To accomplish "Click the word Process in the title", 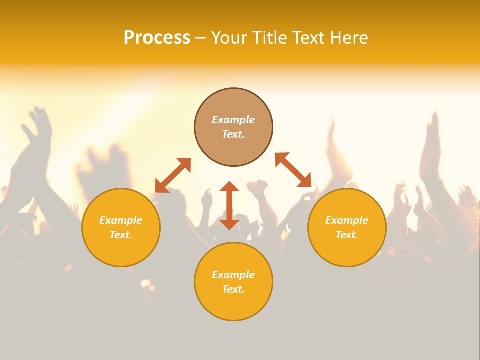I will pyautogui.click(x=157, y=38).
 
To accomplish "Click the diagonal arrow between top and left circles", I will pyautogui.click(x=173, y=175).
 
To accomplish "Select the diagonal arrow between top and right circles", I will pyautogui.click(x=293, y=170).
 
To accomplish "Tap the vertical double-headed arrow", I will pyautogui.click(x=229, y=205).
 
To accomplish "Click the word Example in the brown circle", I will pyautogui.click(x=233, y=120).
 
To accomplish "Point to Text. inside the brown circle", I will pyautogui.click(x=233, y=134).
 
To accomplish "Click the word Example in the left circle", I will pyautogui.click(x=121, y=220).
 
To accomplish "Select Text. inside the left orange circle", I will pyautogui.click(x=121, y=235).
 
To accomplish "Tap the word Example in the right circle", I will pyautogui.click(x=347, y=220).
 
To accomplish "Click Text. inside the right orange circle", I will pyautogui.click(x=347, y=235).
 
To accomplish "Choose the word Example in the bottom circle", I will pyautogui.click(x=233, y=275).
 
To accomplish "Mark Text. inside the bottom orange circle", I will pyautogui.click(x=233, y=289).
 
